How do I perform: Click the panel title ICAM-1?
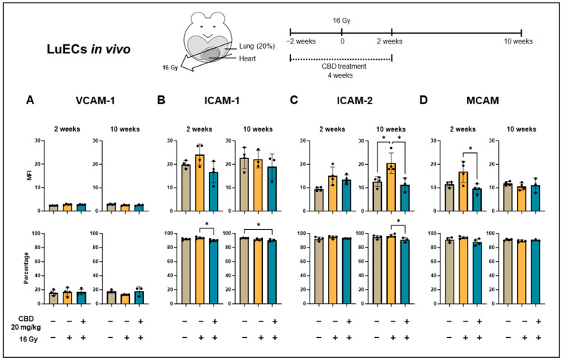(222, 99)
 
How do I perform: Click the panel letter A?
(30, 99)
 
